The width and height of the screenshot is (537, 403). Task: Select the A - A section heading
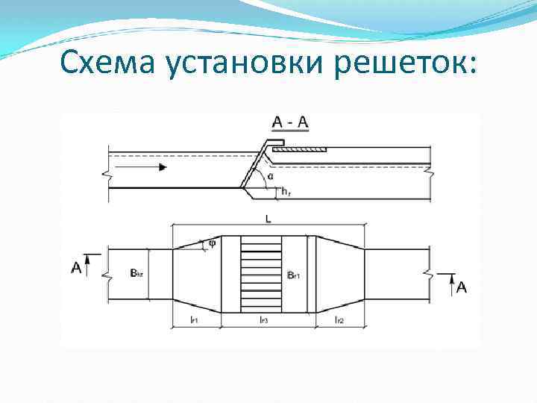click(x=291, y=122)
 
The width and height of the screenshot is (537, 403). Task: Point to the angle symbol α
click(x=269, y=177)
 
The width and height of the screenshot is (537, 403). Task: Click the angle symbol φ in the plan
click(x=213, y=242)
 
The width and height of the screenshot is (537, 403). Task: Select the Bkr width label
click(x=136, y=274)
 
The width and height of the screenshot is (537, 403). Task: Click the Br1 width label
click(x=294, y=275)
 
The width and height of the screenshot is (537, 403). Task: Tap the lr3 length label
click(x=264, y=319)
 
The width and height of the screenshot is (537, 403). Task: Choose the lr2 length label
click(x=339, y=319)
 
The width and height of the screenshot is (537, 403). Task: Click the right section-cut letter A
click(x=462, y=287)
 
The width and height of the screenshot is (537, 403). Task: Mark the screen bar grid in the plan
click(x=261, y=274)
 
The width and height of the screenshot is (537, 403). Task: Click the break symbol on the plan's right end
click(x=429, y=274)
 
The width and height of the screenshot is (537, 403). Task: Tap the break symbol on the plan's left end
click(x=109, y=274)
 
